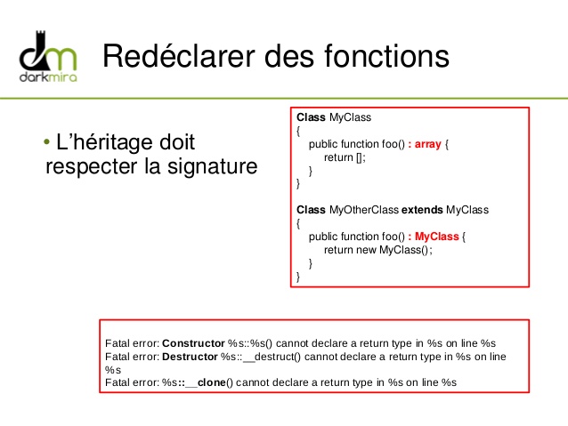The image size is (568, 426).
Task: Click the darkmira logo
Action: pos(50,55)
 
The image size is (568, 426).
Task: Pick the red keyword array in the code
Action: pos(428,143)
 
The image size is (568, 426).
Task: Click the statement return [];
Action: pos(345,157)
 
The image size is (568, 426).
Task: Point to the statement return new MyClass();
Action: pos(377,250)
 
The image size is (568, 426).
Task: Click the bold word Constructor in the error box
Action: pos(193,343)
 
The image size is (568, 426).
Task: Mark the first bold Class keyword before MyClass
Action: pos(311,117)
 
